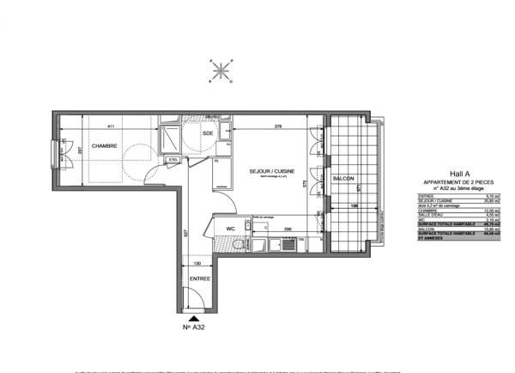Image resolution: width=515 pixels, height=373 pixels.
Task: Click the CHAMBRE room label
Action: tap(105, 145)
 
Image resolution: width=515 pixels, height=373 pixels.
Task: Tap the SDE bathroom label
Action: tap(207, 134)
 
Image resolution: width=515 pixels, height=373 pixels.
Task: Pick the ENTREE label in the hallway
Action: tap(199, 280)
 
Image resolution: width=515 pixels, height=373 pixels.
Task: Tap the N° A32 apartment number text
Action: tap(194, 327)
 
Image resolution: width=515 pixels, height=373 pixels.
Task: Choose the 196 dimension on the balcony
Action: tap(354, 206)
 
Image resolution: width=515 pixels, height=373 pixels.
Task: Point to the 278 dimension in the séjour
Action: tap(279, 126)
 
